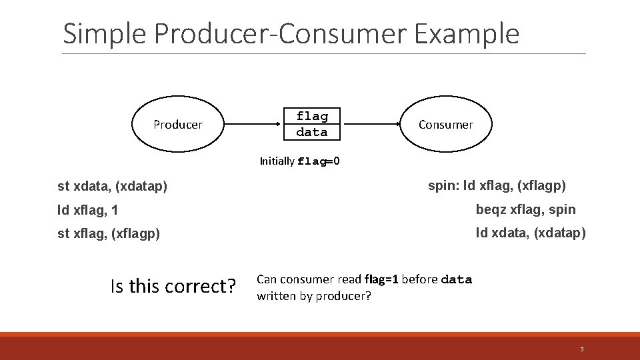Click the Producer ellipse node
pos(177,125)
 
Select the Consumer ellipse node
pos(445,125)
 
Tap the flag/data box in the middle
pos(312,124)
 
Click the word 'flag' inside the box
pos(312,117)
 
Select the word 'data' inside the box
pos(312,132)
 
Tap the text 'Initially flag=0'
pos(300,161)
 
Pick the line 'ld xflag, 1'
pos(88,211)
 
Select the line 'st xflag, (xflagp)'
pos(109,234)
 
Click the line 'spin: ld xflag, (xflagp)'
pos(497,185)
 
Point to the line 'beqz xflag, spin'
pos(525,209)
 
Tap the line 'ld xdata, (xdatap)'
pos(531,233)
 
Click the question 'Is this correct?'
pos(173,286)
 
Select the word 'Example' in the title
pos(466,33)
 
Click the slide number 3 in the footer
pos(581,349)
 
